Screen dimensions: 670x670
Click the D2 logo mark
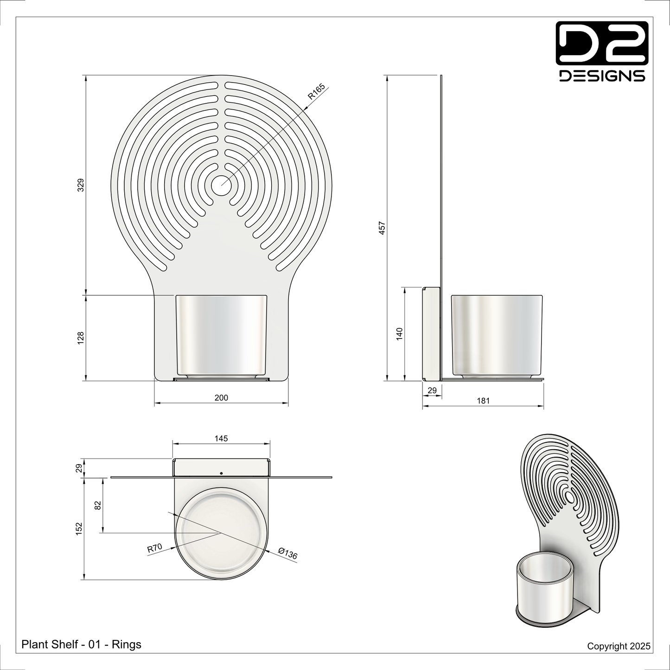click(x=602, y=43)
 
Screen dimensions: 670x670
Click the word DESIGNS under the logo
click(x=602, y=76)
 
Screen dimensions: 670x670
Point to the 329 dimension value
click(x=81, y=185)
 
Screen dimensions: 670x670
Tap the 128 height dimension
click(x=81, y=338)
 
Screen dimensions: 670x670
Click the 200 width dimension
click(x=221, y=398)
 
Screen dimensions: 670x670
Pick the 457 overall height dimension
click(x=382, y=228)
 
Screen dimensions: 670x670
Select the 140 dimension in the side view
click(x=400, y=334)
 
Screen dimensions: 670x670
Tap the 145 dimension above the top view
click(x=221, y=438)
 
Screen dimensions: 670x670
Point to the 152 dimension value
click(x=79, y=529)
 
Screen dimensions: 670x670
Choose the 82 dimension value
click(x=98, y=505)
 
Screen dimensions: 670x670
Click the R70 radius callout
click(x=154, y=548)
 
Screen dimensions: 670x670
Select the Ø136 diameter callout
click(x=287, y=554)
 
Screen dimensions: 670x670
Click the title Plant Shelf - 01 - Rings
click(x=82, y=644)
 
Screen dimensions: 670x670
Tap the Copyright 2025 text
click(x=619, y=646)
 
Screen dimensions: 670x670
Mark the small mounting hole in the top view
click(x=221, y=473)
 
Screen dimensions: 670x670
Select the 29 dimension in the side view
click(x=432, y=391)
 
